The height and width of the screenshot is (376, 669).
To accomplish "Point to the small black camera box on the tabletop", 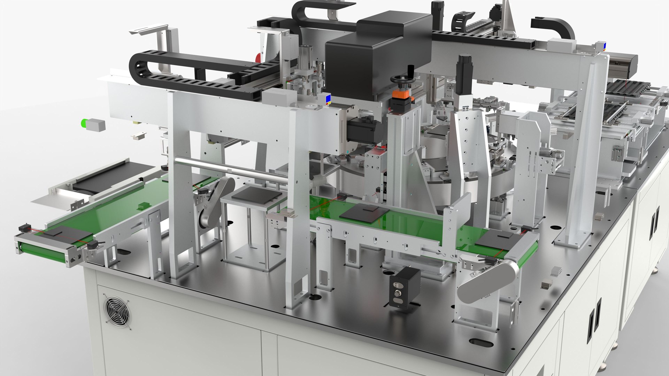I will pos(404,286).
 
